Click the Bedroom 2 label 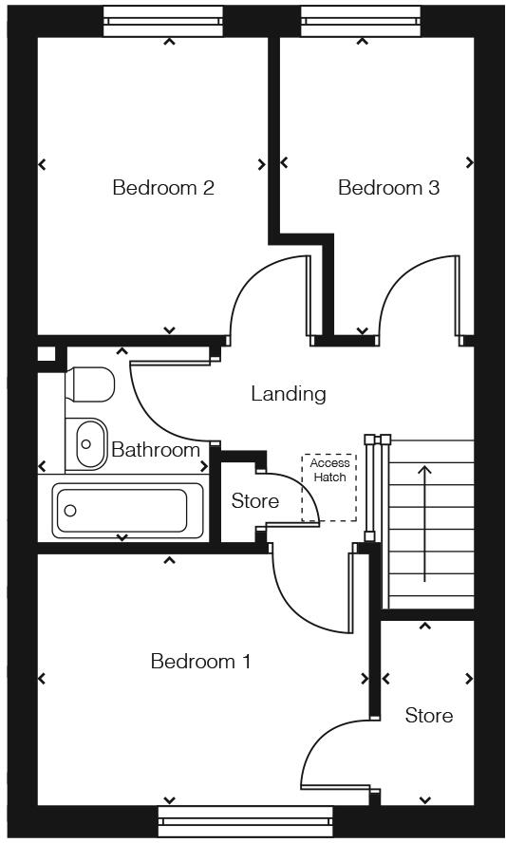tap(162, 187)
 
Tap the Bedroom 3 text tap(388, 187)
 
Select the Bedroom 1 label tap(200, 661)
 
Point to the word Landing tap(288, 393)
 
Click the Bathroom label tap(156, 450)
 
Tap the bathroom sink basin tap(89, 443)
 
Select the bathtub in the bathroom tap(128, 511)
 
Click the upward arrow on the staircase tap(424, 522)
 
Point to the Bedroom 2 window tap(162, 21)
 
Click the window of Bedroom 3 tap(360, 21)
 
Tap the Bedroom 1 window tap(245, 821)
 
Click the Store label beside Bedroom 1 tap(428, 715)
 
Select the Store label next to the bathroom tap(255, 500)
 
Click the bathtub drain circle tap(69, 511)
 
